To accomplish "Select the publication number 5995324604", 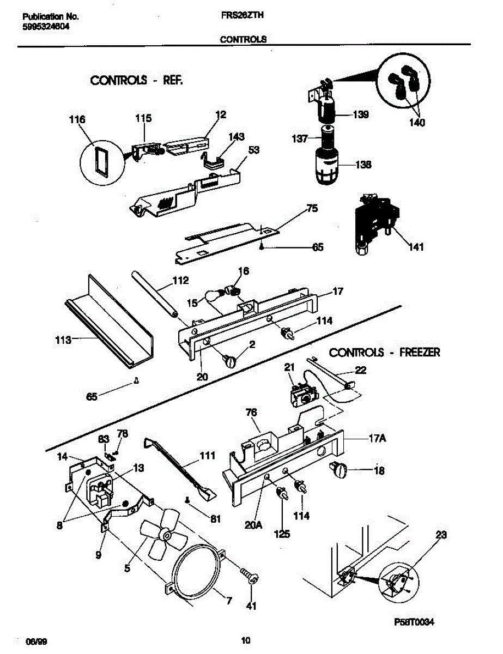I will (x=46, y=27).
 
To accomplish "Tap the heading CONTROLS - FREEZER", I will (x=385, y=352).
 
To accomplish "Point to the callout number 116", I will (x=78, y=118).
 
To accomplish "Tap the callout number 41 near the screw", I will (x=252, y=605).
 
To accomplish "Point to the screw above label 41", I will (x=250, y=577).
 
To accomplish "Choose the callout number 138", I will (x=363, y=165).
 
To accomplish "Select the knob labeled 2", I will (x=230, y=360).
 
